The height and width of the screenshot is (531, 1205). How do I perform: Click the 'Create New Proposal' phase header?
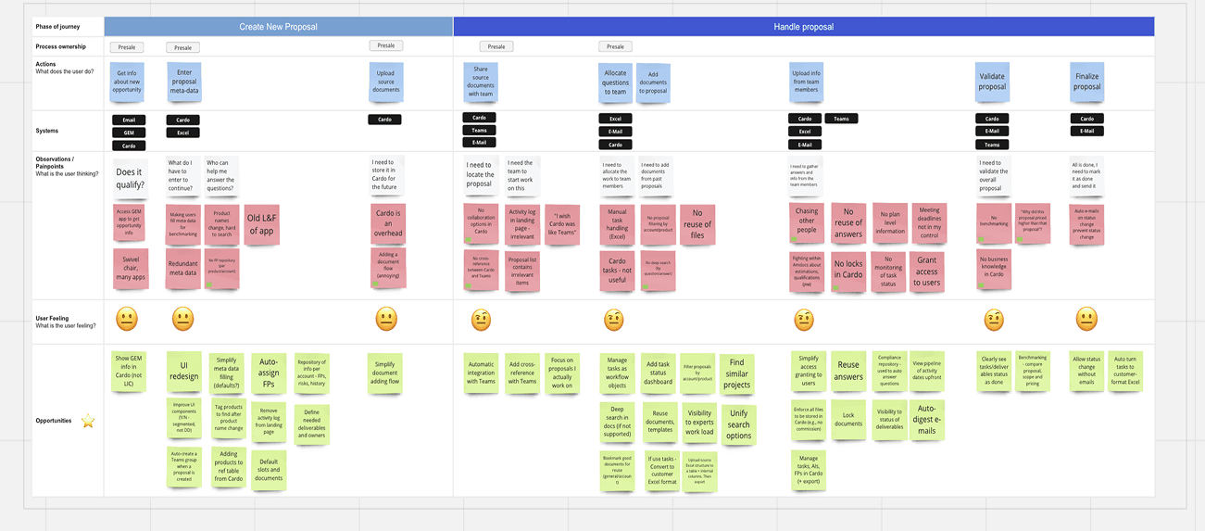tap(278, 27)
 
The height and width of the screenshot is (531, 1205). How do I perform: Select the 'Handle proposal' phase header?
tap(803, 27)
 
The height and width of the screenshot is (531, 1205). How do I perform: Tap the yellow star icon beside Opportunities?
tap(88, 422)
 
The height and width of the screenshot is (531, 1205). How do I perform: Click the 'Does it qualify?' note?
tap(130, 178)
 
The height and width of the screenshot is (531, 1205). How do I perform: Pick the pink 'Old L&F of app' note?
tap(261, 224)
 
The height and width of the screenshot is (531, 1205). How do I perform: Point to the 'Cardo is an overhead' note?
tap(388, 223)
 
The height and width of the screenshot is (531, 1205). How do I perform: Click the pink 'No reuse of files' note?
tap(697, 223)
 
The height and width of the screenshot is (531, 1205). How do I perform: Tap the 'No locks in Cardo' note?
tap(847, 270)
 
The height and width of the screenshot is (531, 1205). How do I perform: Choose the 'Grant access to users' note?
tap(926, 272)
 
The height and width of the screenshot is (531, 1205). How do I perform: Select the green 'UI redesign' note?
tap(183, 371)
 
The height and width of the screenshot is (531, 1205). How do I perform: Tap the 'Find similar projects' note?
tap(736, 373)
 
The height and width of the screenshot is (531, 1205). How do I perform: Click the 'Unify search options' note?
tap(738, 424)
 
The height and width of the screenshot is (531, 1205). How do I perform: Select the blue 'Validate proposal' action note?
tap(992, 82)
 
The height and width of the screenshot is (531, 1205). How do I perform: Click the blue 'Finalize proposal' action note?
tap(1086, 82)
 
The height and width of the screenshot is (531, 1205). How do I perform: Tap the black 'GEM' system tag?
tap(129, 133)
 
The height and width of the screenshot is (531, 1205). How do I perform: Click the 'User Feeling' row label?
tap(54, 319)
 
